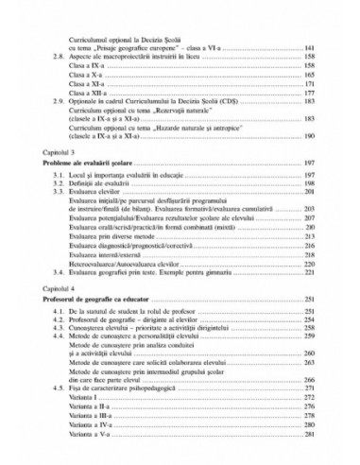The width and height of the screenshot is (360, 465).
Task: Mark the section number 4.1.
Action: (x=59, y=313)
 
